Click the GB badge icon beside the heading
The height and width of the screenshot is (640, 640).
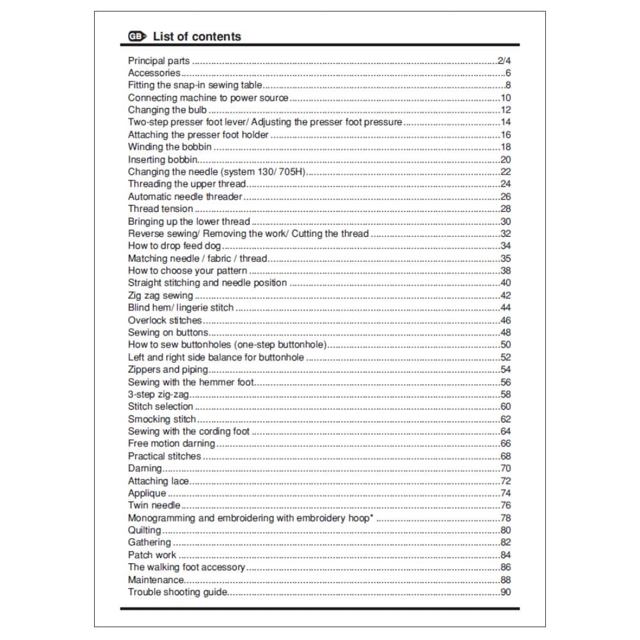pyautogui.click(x=136, y=37)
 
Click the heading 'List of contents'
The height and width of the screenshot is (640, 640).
pyautogui.click(x=196, y=36)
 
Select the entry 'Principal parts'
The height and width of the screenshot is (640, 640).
pyautogui.click(x=159, y=61)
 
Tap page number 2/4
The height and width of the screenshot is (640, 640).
pyautogui.click(x=504, y=61)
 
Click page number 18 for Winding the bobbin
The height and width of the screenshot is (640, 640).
pyautogui.click(x=505, y=147)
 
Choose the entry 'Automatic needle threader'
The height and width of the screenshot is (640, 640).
pyautogui.click(x=185, y=196)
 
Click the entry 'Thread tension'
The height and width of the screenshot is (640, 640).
pyautogui.click(x=160, y=209)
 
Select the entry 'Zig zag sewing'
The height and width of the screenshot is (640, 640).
pyautogui.click(x=160, y=296)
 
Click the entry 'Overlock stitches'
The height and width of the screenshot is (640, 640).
pyautogui.click(x=164, y=320)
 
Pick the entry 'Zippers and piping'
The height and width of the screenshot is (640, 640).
pyautogui.click(x=168, y=369)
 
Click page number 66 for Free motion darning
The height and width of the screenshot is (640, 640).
pyautogui.click(x=505, y=444)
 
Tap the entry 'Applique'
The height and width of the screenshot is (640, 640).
pyautogui.click(x=147, y=493)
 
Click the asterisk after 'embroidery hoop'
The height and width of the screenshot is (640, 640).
pyautogui.click(x=371, y=516)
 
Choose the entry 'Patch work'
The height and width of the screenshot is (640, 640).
pyautogui.click(x=152, y=555)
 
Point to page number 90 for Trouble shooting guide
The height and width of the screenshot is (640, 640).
pyautogui.click(x=505, y=592)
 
